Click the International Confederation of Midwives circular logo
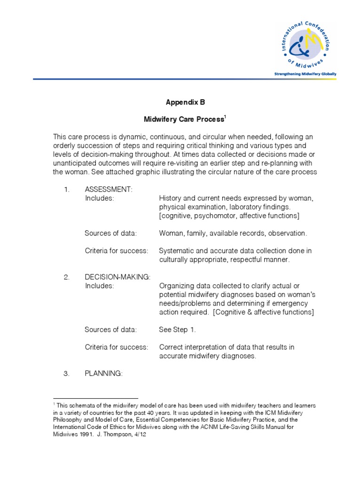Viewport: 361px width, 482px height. point(305,44)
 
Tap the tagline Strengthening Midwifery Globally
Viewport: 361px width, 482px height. point(305,74)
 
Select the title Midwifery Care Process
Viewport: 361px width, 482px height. point(183,120)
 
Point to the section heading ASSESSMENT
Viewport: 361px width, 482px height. point(109,190)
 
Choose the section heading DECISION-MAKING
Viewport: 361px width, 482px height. point(118,277)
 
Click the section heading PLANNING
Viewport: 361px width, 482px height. point(103,373)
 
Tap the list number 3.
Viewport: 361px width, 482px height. point(66,373)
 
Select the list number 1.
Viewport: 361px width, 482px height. point(66,190)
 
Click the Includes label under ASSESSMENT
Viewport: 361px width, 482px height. point(99,198)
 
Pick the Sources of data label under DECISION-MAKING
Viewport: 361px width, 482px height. point(110,329)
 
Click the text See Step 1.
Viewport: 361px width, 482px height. point(177,329)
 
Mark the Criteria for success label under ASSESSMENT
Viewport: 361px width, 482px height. point(116,251)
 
